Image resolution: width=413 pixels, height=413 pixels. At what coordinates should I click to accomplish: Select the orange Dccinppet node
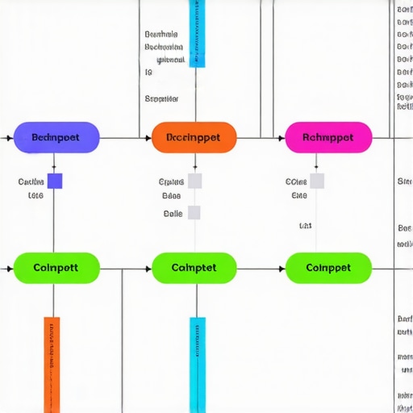pos(194,137)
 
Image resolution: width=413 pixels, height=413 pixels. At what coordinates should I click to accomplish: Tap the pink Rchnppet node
pos(328,137)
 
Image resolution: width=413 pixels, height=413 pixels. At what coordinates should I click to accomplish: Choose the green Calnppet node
pos(194,267)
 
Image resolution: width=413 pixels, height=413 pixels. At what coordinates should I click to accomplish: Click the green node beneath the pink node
pos(328,267)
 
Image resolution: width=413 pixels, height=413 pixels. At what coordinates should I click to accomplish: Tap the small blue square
pos(55,181)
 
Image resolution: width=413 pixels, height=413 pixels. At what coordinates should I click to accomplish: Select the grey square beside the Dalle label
pos(194,213)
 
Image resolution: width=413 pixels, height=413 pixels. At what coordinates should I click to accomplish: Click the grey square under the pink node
pos(317,181)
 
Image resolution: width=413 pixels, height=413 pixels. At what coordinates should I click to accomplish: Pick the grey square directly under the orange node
pos(194,181)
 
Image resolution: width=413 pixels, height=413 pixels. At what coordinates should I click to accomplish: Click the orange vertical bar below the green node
pos(52,363)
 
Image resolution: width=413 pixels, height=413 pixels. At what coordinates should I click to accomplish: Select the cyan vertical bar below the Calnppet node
pos(198,363)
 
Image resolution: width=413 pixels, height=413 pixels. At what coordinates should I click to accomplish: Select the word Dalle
pos(172,214)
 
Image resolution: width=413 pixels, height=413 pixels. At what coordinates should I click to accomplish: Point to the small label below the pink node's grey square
pos(306,226)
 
